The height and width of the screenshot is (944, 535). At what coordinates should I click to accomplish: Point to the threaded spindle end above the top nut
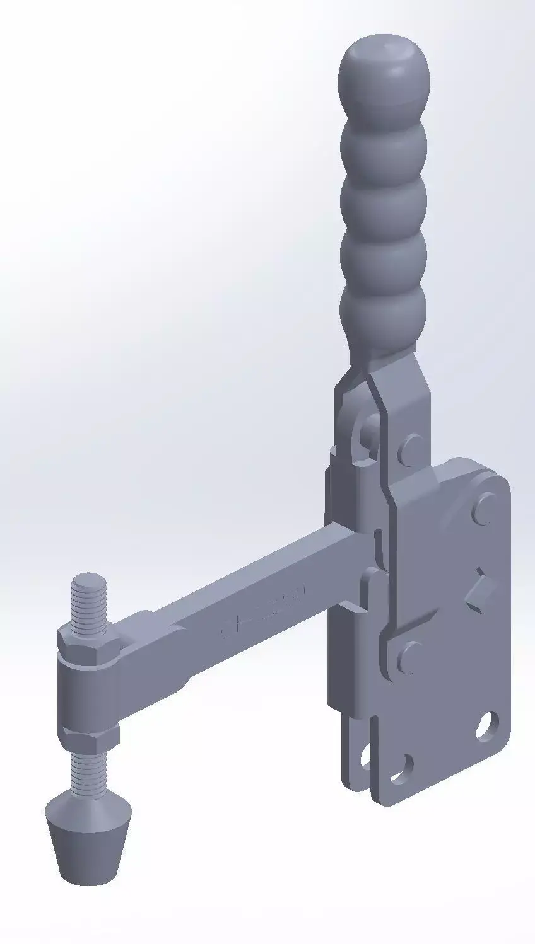(88, 599)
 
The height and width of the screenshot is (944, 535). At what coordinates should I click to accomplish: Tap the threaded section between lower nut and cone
(88, 766)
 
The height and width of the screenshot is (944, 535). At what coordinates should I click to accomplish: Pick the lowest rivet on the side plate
(411, 654)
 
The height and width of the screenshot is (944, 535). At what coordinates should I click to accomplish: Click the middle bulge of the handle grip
(383, 200)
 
